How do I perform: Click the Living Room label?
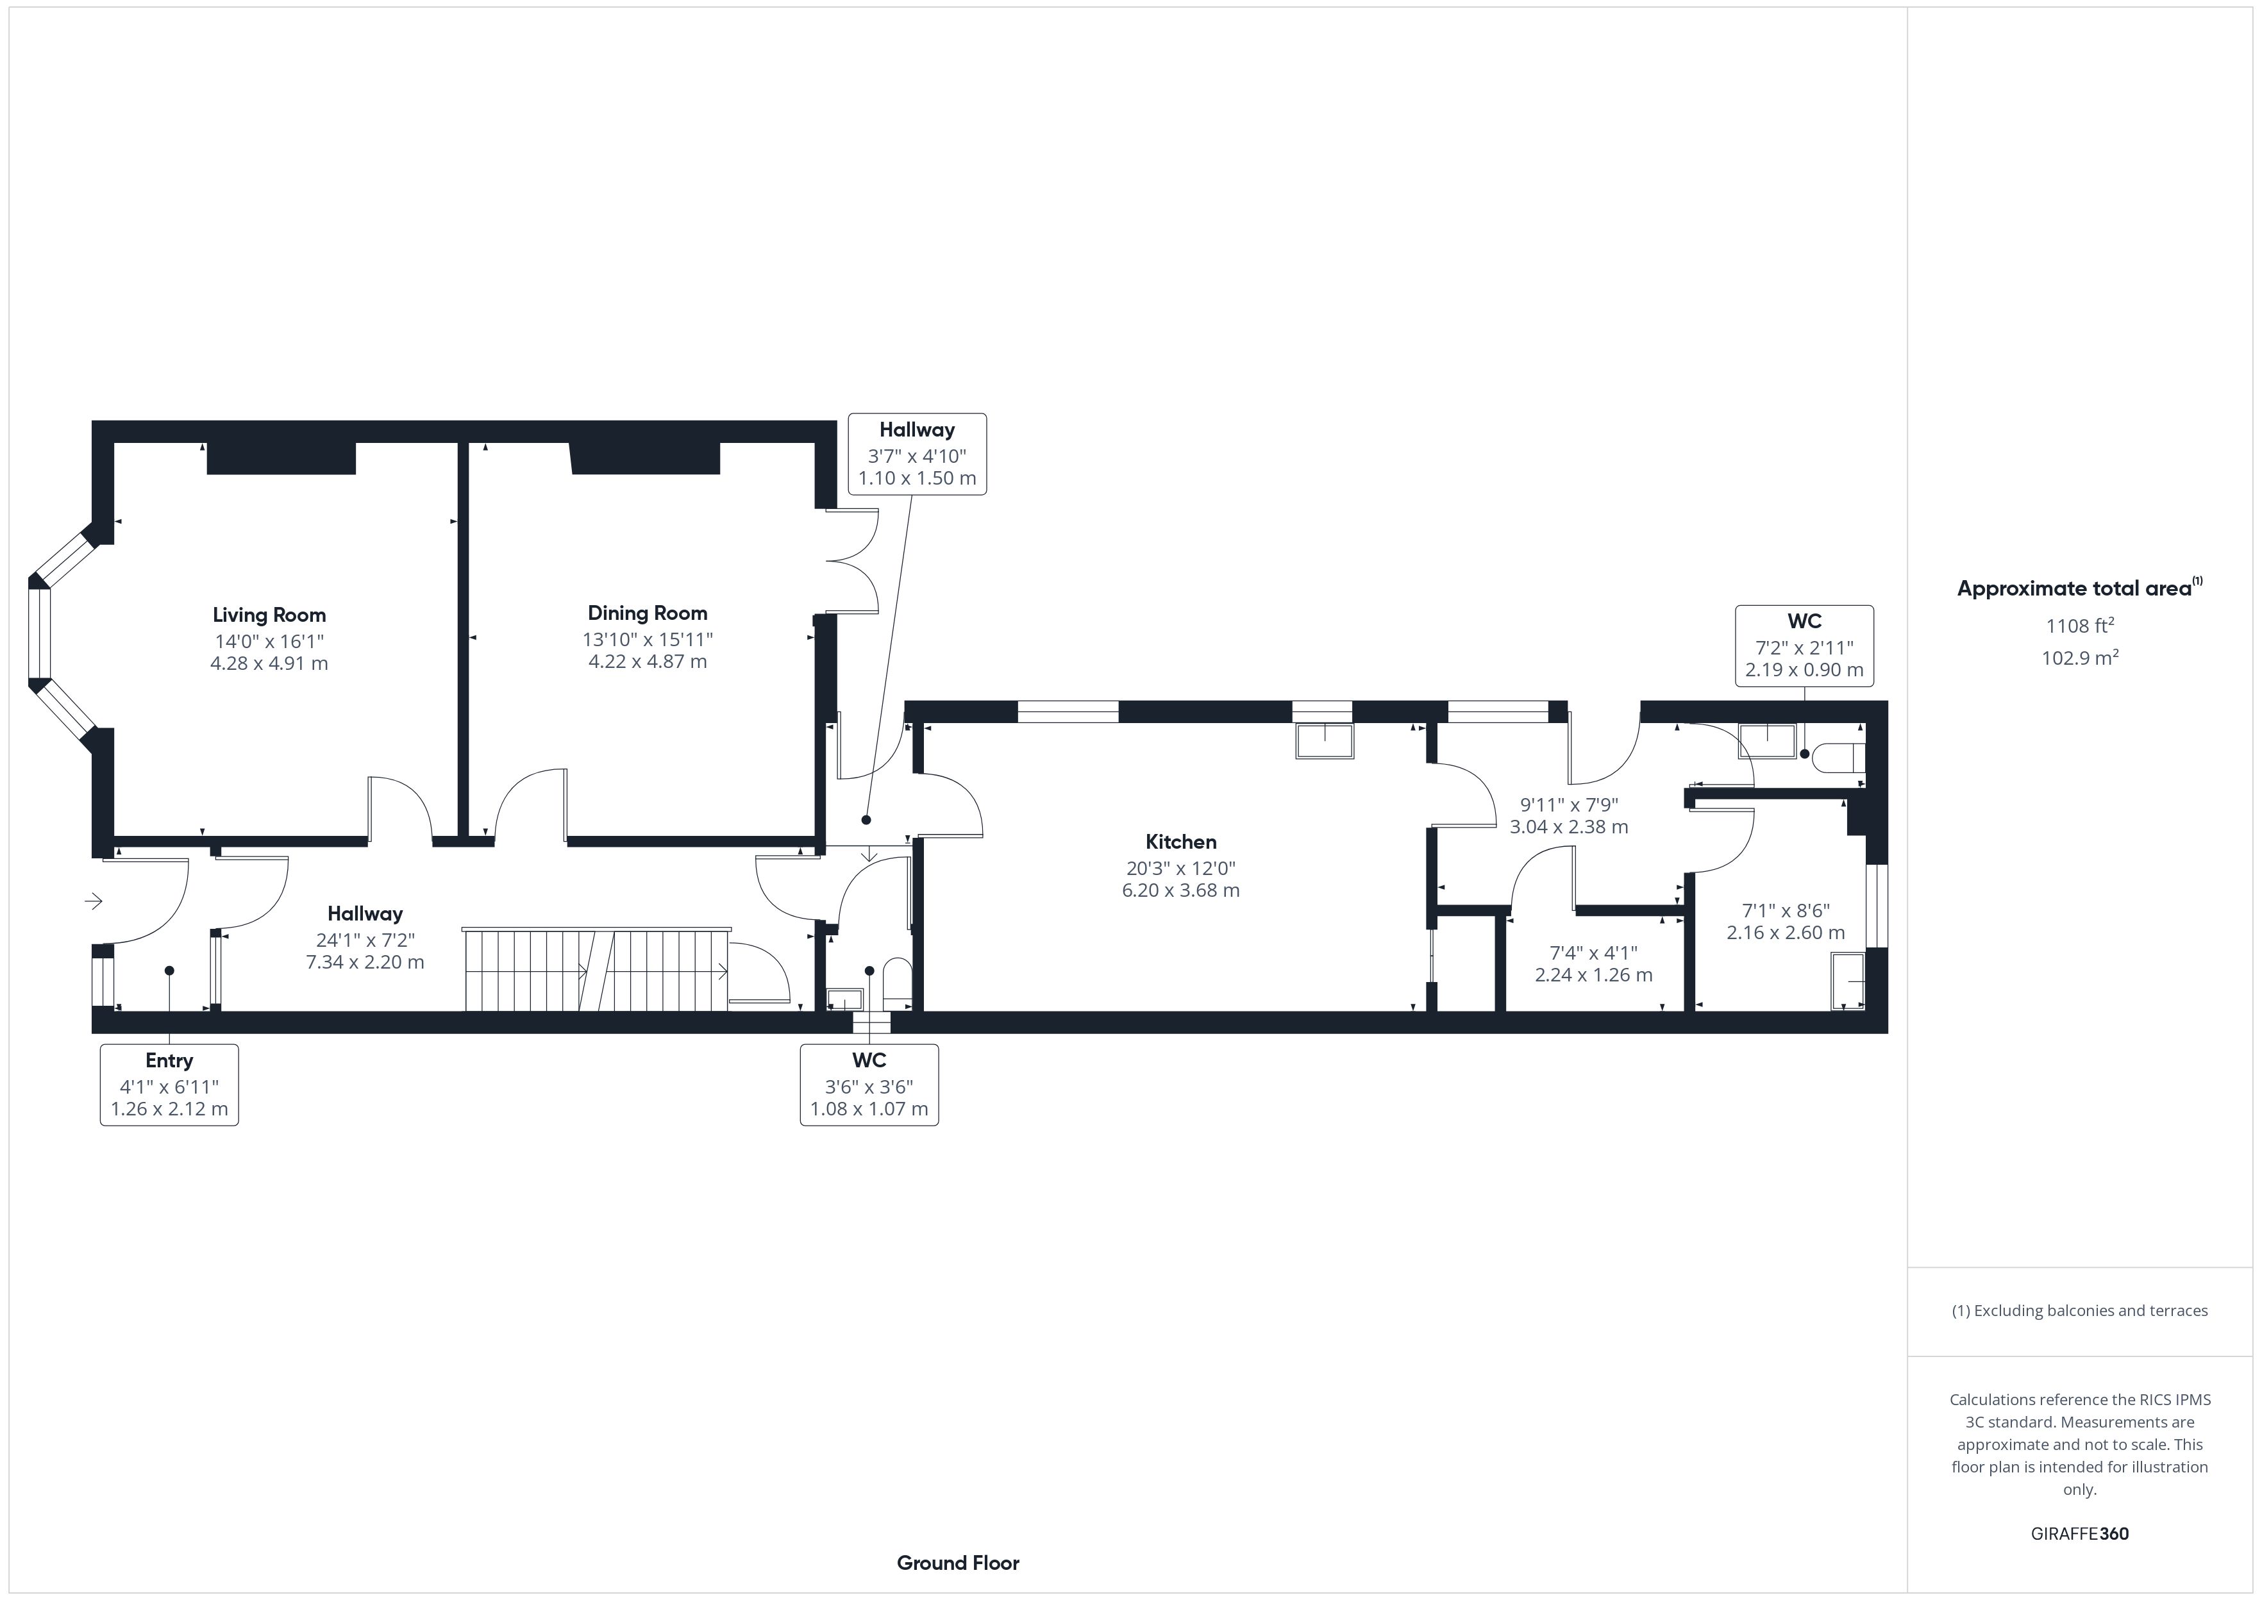tap(269, 615)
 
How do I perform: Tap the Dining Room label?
tap(648, 613)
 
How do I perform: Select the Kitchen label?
tap(1180, 842)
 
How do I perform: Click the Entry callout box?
tap(169, 1085)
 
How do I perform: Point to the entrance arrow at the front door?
tap(94, 901)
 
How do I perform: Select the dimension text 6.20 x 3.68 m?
tap(1180, 890)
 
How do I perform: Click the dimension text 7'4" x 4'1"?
tap(1593, 953)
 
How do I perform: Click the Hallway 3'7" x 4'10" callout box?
tap(917, 454)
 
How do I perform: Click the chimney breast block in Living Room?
tap(281, 458)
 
